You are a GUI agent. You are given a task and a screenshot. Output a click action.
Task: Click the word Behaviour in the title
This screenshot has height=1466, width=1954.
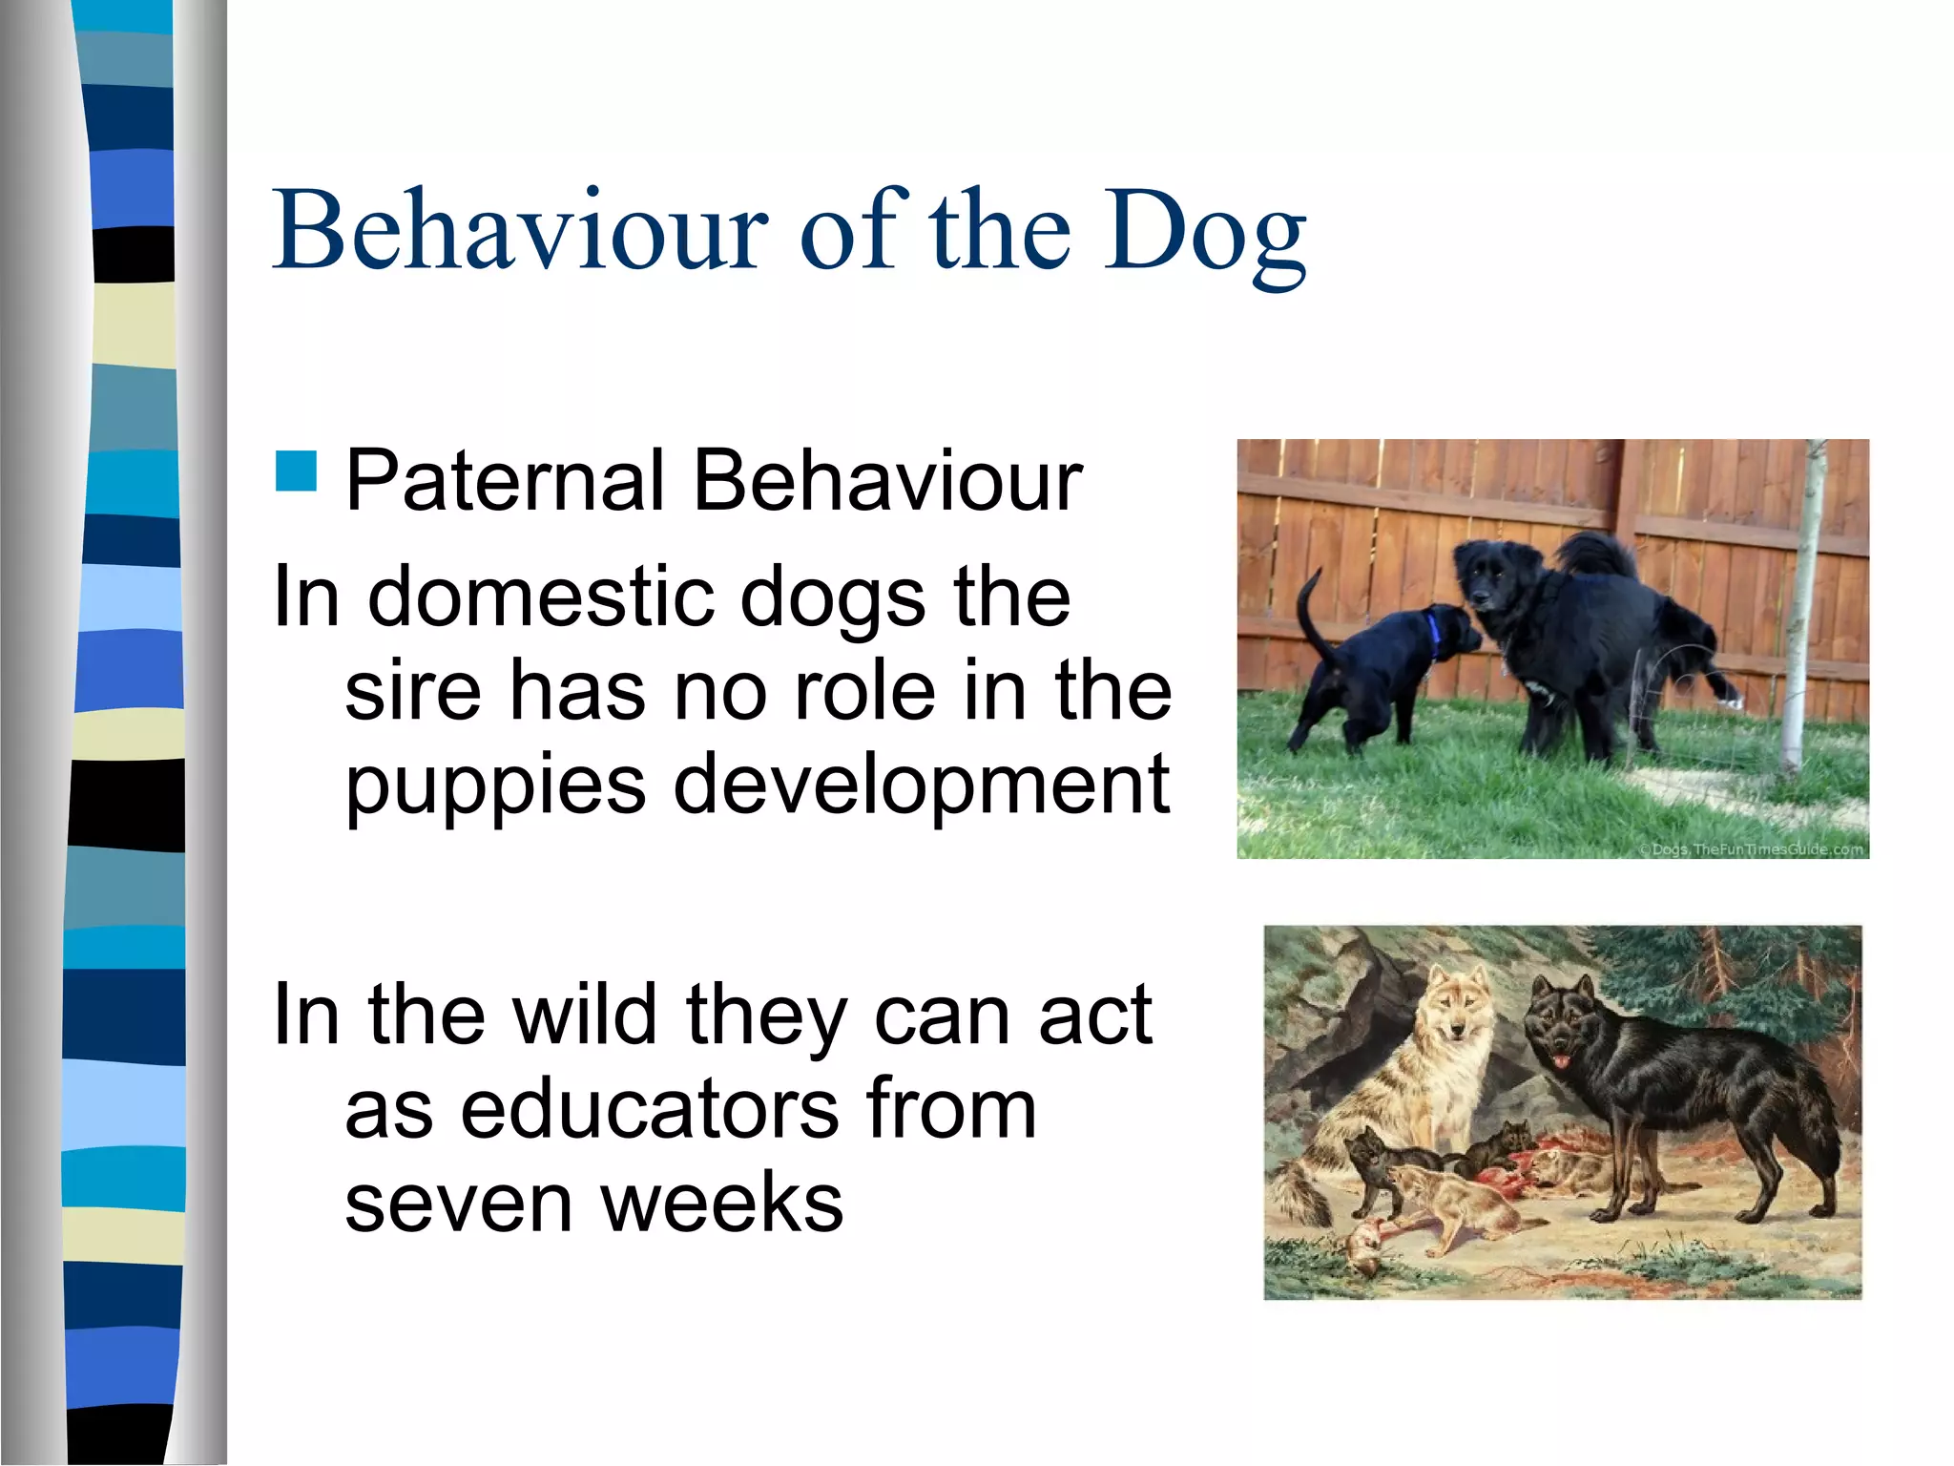(519, 231)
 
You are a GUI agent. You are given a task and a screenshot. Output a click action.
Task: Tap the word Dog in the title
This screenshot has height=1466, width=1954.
(1205, 233)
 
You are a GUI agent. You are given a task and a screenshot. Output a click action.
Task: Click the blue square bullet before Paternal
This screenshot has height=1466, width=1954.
(297, 471)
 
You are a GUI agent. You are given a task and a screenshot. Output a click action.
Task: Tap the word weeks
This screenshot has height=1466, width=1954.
(722, 1203)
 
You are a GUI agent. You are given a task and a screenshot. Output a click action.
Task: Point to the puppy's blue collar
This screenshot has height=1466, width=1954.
(1432, 636)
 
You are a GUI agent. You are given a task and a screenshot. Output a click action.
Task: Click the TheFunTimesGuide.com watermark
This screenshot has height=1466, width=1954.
(1751, 848)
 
